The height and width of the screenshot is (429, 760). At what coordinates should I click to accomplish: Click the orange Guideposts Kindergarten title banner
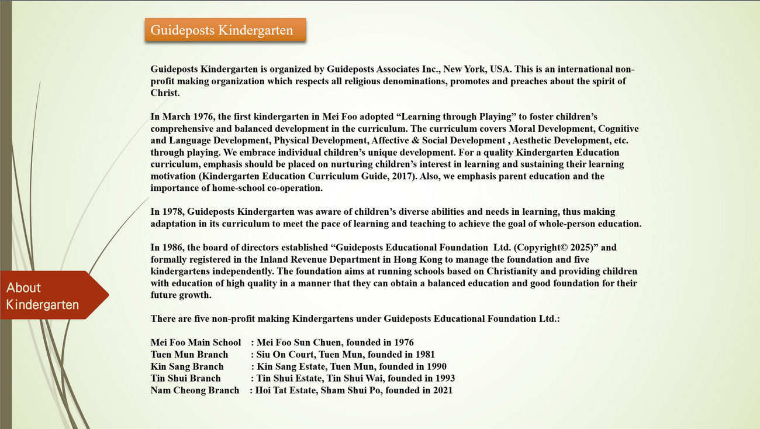pyautogui.click(x=225, y=30)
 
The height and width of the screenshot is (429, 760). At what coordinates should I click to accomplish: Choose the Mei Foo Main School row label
pyautogui.click(x=195, y=342)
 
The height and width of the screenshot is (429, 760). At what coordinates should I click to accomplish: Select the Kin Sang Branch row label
pyautogui.click(x=187, y=366)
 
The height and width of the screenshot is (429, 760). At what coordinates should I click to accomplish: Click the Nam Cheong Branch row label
pyautogui.click(x=195, y=390)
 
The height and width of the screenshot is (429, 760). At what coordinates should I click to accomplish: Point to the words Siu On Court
pyautogui.click(x=285, y=355)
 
